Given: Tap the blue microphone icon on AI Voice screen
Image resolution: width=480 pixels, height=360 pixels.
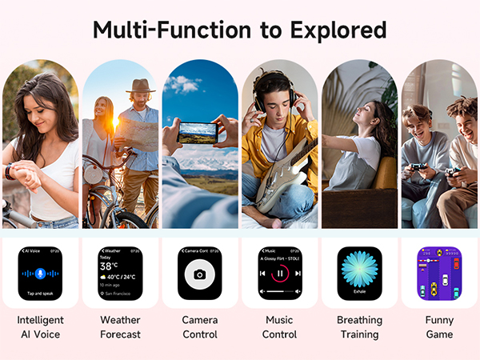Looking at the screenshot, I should point(40,274).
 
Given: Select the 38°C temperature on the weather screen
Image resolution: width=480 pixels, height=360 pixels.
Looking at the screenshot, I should point(110,266).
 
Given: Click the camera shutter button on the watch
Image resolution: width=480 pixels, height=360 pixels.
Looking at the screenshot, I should point(199,274).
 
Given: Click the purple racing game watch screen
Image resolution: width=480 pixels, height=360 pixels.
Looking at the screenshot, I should point(439,274).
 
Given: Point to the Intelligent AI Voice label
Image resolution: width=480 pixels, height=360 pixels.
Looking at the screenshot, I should point(40,327).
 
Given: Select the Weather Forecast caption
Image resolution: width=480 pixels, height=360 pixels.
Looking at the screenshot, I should point(120,327).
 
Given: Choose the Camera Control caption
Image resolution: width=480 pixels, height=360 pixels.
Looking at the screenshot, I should point(200,327).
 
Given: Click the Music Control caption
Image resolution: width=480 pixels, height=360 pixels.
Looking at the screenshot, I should point(279,327).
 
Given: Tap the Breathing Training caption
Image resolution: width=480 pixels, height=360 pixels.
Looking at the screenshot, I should point(359,327).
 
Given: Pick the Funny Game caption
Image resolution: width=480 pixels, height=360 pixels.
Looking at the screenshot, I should point(439,327).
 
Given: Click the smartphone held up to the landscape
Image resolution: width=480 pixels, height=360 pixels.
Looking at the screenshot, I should point(198,132).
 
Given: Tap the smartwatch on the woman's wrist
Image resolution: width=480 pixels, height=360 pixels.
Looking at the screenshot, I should point(10,171).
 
